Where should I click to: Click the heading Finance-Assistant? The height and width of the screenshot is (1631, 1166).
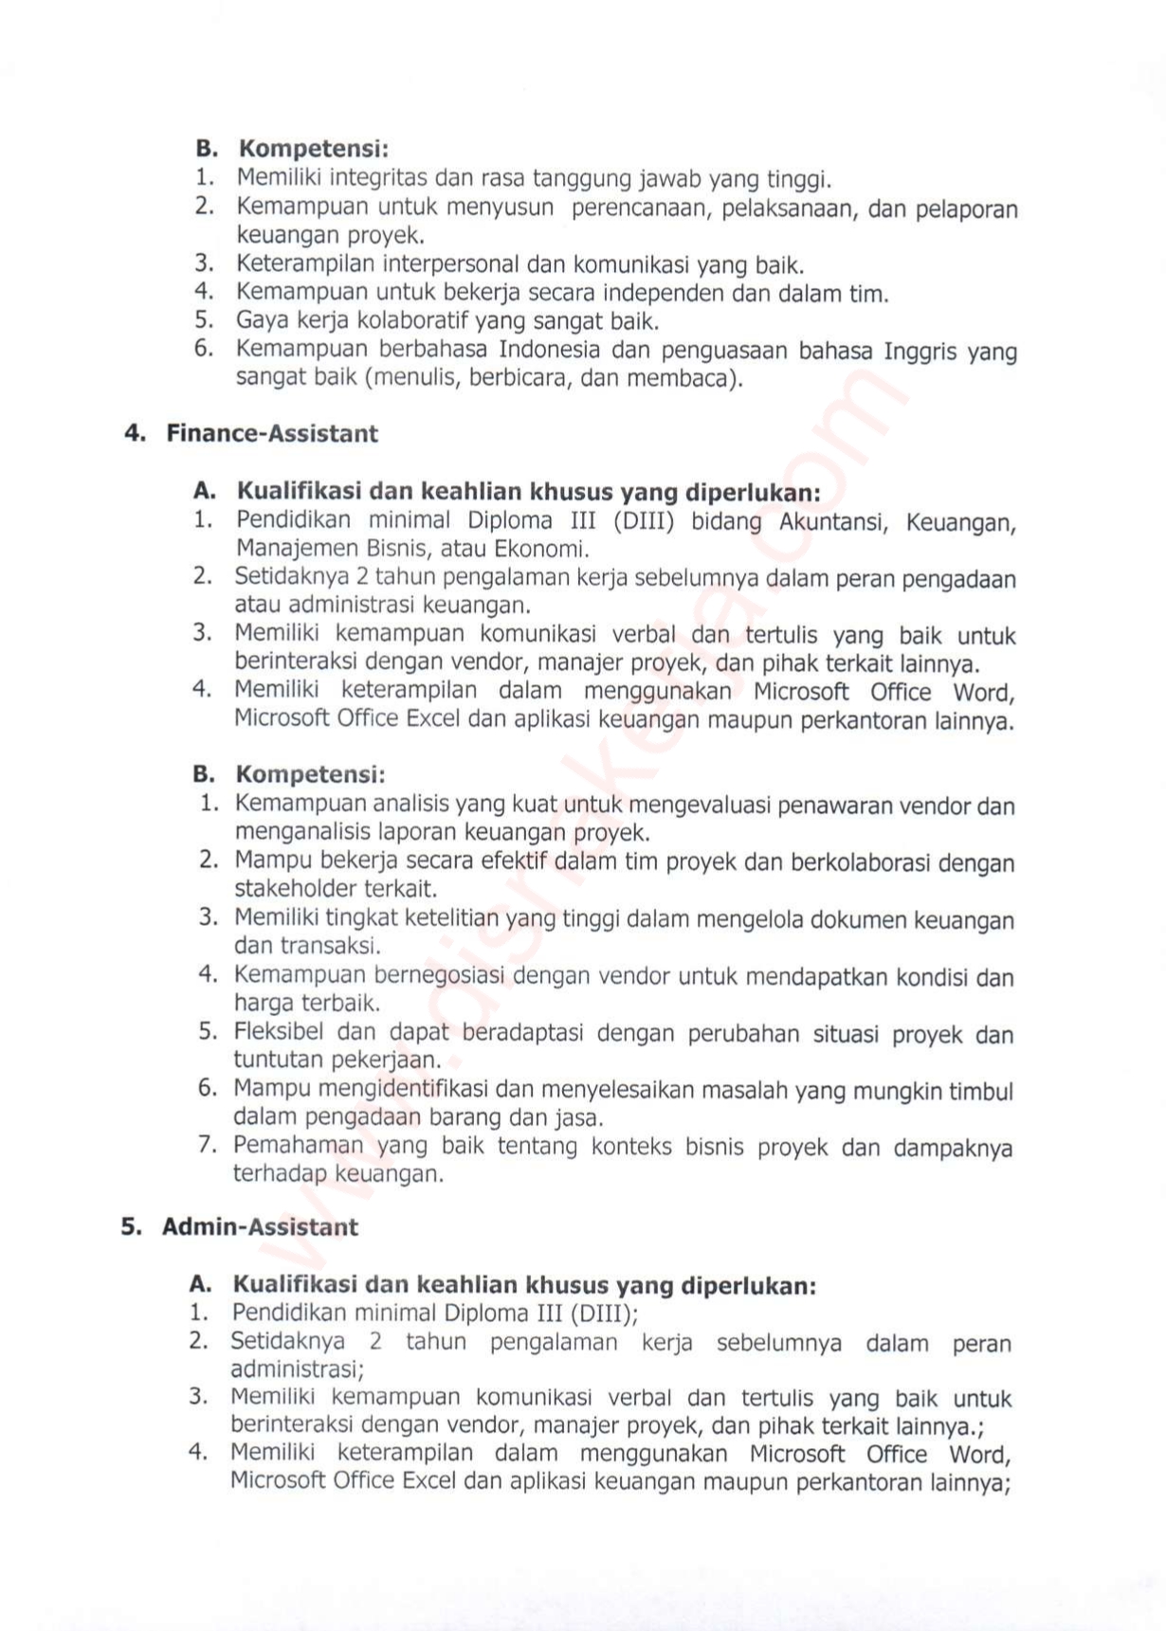pos(272,434)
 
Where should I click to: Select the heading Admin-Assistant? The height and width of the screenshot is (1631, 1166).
pos(260,1227)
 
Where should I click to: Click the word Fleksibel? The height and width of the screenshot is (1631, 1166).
pos(279,1032)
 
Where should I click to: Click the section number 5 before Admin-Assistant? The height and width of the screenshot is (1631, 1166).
pos(131,1227)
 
